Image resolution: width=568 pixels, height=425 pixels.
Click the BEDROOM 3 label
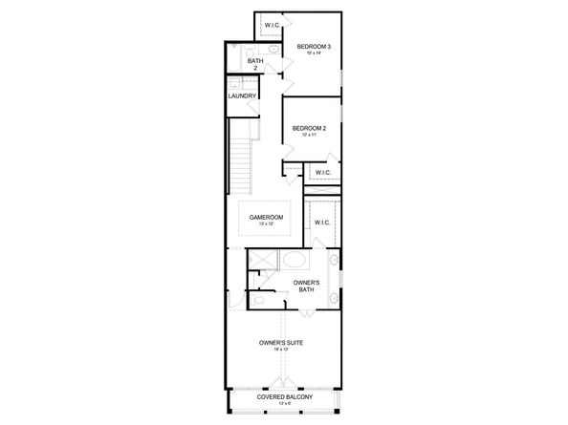click(313, 46)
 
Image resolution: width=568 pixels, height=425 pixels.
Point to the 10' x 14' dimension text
click(313, 53)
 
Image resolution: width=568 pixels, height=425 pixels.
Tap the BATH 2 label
click(255, 64)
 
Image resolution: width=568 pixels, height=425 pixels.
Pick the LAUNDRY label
click(241, 96)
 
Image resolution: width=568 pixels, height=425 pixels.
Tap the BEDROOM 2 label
click(310, 128)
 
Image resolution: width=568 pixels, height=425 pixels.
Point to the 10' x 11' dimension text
click(310, 136)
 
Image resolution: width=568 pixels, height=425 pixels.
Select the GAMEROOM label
click(266, 217)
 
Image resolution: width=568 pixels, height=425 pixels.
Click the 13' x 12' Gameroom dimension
click(266, 224)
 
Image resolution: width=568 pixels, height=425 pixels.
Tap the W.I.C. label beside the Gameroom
click(321, 223)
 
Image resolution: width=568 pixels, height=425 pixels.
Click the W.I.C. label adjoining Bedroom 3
click(273, 25)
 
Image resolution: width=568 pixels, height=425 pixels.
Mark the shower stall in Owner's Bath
click(262, 260)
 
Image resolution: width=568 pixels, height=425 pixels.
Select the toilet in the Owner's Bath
click(259, 299)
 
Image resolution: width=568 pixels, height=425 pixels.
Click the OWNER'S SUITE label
click(282, 341)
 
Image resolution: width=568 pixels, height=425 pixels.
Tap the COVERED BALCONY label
click(282, 396)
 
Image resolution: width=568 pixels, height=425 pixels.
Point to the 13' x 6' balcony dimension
click(282, 404)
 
